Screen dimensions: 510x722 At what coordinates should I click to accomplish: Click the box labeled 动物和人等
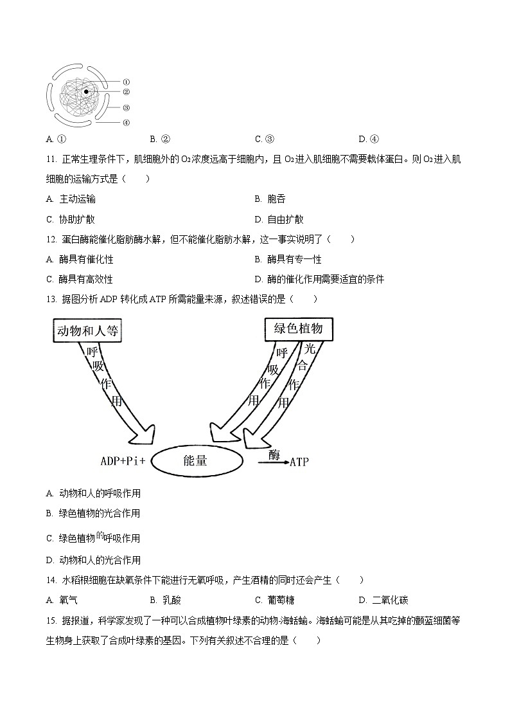87,331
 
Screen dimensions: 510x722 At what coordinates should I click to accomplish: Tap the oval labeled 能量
195,460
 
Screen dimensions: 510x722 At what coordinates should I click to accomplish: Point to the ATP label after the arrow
299,462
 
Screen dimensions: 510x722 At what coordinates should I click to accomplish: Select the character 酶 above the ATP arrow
274,455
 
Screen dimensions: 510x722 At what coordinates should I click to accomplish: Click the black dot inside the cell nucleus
86,92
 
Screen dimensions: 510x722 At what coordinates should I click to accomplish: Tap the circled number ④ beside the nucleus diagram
127,122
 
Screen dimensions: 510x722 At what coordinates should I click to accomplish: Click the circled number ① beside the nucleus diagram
127,82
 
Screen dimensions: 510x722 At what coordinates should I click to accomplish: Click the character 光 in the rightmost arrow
310,349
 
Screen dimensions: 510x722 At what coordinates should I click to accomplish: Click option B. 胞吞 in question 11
270,199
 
